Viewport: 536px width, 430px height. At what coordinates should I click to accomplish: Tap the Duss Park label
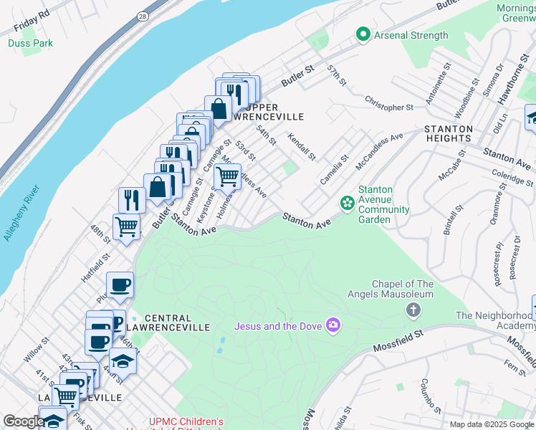(30, 43)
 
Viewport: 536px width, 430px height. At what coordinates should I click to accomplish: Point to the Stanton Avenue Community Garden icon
(348, 204)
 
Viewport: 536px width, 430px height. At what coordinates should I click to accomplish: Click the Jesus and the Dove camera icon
(332, 326)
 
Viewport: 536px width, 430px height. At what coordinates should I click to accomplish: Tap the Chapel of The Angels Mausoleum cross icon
(413, 310)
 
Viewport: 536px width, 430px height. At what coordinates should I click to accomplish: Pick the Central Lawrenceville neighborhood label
(177, 322)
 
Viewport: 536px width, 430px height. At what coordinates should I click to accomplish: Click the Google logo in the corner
(24, 421)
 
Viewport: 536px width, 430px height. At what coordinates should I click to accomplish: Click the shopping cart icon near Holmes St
(227, 176)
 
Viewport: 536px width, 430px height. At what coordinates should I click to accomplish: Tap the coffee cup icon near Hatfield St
(120, 285)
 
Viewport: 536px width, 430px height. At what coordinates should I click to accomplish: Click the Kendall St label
(302, 146)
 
